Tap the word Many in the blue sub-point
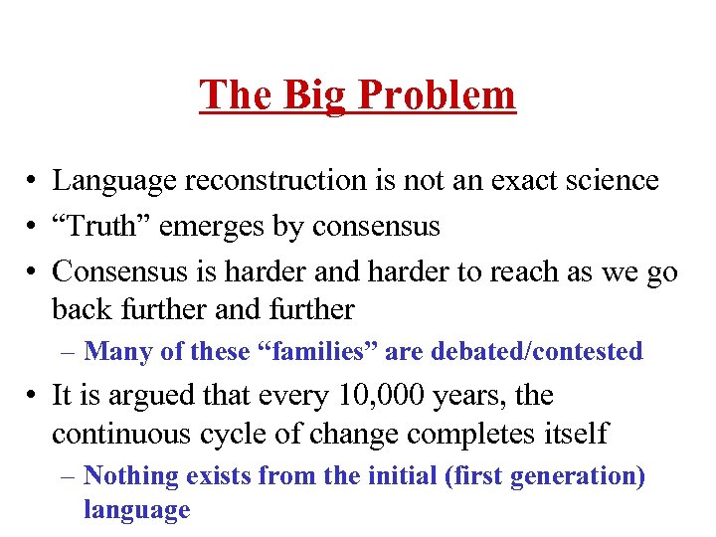[x=114, y=351]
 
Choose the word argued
[x=150, y=397]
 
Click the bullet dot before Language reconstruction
[x=34, y=182]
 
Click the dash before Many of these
[x=71, y=352]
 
